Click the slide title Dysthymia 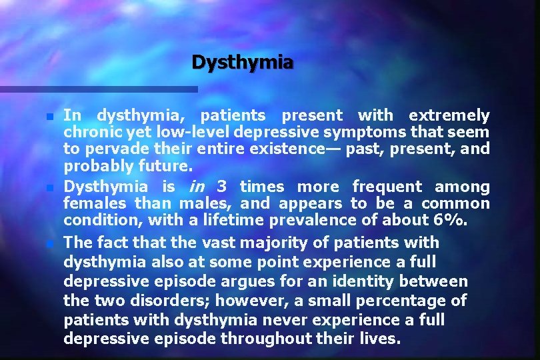(242, 63)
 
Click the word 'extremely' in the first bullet (449, 115)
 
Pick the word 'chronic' (86, 132)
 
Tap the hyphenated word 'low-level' (171, 132)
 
